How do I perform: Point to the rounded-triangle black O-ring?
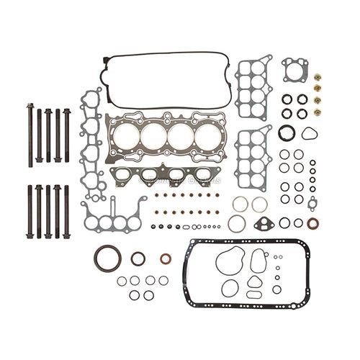pyautogui.click(x=309, y=134)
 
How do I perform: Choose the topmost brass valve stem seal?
pyautogui.click(x=318, y=77)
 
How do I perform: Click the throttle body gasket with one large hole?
pyautogui.click(x=294, y=69)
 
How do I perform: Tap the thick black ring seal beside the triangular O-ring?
pyautogui.click(x=287, y=134)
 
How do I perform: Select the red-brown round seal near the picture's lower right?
pyautogui.click(x=312, y=223)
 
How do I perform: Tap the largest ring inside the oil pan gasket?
pyautogui.click(x=230, y=258)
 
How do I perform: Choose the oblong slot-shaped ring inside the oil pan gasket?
pyautogui.click(x=254, y=294)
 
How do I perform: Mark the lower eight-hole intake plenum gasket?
pyautogui.click(x=253, y=158)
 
